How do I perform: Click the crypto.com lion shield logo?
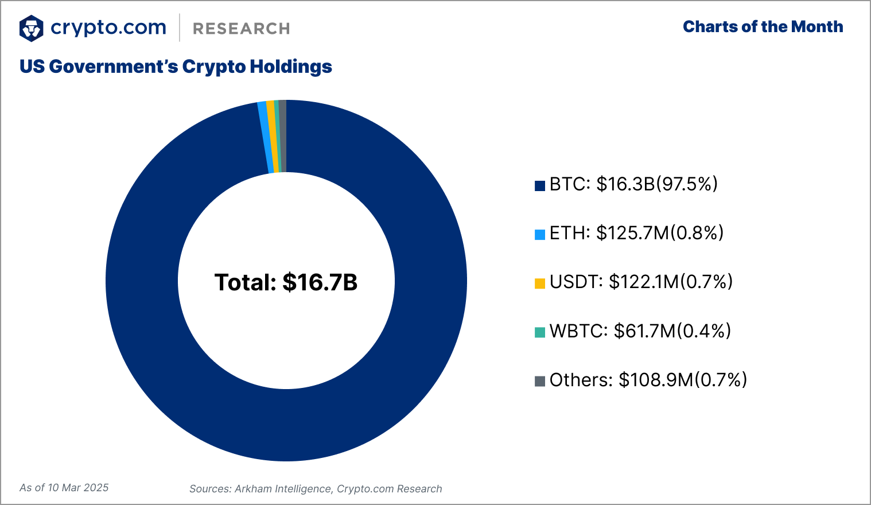[31, 28]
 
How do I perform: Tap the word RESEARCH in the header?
[241, 29]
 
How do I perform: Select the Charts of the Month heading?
[763, 27]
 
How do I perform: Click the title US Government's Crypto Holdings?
[176, 67]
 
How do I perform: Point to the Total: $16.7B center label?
[286, 282]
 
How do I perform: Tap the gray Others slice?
[282, 137]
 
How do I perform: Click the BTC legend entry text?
[633, 184]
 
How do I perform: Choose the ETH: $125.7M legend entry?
[636, 233]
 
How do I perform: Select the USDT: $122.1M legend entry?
[641, 282]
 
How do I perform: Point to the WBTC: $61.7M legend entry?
[640, 331]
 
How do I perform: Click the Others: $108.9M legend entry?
[648, 380]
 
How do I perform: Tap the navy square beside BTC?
[539, 185]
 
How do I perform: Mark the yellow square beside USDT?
[539, 283]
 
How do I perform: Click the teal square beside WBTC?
[539, 332]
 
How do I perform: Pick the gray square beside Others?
[539, 381]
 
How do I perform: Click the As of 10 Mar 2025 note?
[64, 488]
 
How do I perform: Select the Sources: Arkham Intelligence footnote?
[316, 489]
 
